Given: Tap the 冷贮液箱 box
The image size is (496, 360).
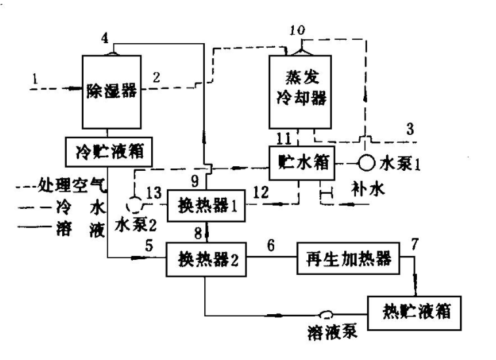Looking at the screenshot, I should [x=109, y=152].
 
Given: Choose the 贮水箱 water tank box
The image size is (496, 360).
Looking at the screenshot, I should [x=303, y=160].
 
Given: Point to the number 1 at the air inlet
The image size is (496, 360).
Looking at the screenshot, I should [x=34, y=77].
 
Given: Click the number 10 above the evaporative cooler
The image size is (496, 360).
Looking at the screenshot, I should [x=297, y=31].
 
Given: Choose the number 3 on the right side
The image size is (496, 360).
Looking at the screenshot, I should [x=410, y=128].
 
